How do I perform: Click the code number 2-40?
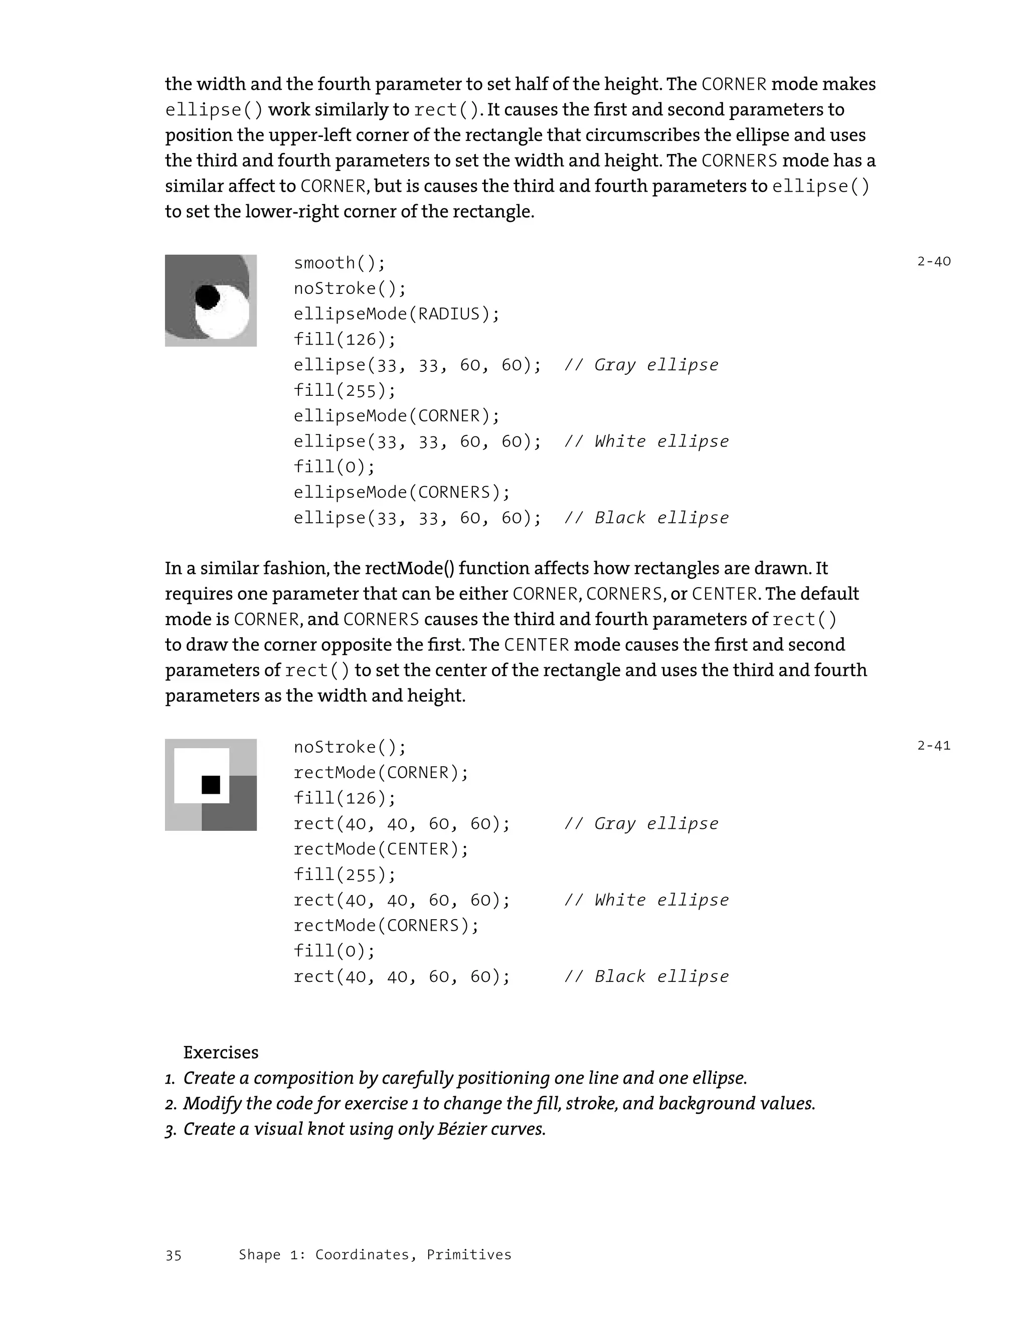[x=933, y=261]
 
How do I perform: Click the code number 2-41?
[x=933, y=745]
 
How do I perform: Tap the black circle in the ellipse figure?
[x=207, y=297]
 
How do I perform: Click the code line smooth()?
[x=339, y=262]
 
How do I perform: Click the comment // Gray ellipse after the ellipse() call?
[x=641, y=365]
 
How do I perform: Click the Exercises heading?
[x=221, y=1053]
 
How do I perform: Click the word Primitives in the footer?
[x=468, y=1254]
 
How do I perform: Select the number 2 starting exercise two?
[x=170, y=1104]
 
